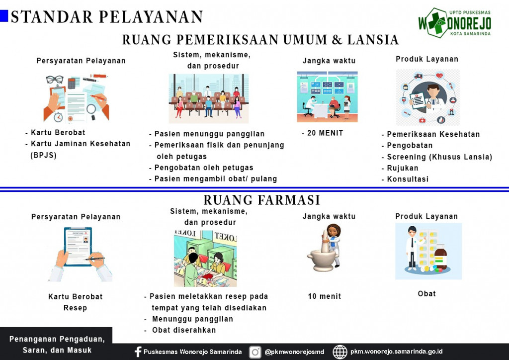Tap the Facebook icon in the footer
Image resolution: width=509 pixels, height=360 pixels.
138,352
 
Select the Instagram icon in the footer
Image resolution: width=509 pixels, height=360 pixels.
255,352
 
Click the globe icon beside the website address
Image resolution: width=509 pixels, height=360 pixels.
340,352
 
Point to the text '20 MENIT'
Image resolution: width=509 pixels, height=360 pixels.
325,133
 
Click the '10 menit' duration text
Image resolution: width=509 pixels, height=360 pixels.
325,296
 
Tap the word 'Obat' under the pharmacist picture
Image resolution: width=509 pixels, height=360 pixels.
426,294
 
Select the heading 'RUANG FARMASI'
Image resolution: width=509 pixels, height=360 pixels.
261,200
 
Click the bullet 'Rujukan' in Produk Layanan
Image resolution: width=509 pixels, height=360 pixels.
403,168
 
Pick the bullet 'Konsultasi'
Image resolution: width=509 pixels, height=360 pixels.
408,179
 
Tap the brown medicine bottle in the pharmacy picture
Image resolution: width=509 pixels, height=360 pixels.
441,257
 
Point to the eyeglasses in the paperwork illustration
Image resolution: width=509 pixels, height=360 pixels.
55,79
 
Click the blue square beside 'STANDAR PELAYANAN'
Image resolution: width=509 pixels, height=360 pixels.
4,16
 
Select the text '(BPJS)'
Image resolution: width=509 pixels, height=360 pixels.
44,155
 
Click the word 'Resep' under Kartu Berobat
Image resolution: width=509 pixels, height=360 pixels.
76,308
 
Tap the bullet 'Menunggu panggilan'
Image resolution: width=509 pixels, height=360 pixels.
192,319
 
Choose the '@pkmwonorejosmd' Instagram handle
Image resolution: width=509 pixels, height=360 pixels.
294,352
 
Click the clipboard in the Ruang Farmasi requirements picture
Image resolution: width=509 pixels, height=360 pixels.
78,247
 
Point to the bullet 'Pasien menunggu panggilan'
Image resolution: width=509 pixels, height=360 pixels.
209,134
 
